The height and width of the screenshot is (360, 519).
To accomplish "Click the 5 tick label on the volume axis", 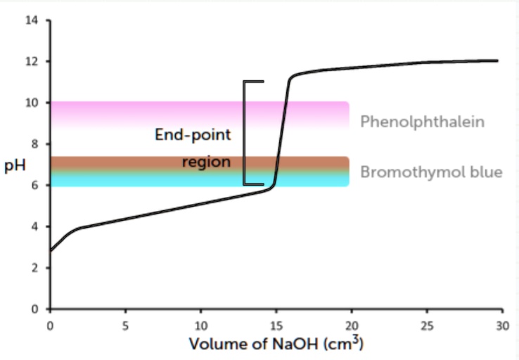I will (125, 326).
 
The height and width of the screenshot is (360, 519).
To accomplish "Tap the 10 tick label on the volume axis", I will (200, 326).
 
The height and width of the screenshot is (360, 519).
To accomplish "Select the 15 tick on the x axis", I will (276, 326).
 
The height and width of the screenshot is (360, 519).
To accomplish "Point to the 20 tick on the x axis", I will (351, 326).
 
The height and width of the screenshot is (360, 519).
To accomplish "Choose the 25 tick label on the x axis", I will (426, 326).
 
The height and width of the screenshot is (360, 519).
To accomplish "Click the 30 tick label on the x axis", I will (501, 326).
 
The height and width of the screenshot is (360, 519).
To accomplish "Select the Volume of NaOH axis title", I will (275, 345).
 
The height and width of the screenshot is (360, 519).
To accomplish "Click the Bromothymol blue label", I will (431, 172).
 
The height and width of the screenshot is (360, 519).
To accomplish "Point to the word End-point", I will (193, 134).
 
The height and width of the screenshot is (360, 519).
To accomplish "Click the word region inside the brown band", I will (206, 162).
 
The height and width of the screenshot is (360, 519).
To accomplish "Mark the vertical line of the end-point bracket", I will (244, 133).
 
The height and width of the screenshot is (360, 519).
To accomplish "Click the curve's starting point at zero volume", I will (50, 250).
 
